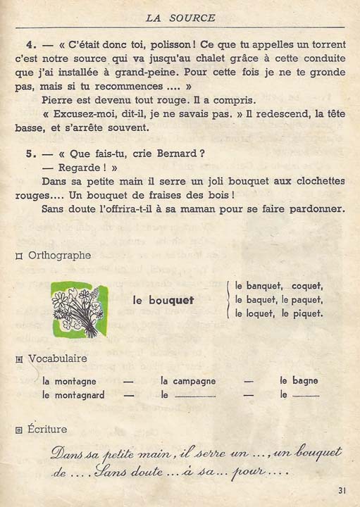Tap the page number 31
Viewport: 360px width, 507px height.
(x=342, y=491)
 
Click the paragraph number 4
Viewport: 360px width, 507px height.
(x=26, y=42)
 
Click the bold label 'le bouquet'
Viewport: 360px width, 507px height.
(x=163, y=300)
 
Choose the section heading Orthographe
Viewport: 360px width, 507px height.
(x=59, y=255)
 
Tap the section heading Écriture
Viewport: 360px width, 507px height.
(x=48, y=428)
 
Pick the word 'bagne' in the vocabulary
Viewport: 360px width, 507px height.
(x=304, y=381)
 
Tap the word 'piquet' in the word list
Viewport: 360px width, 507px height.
(x=307, y=313)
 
